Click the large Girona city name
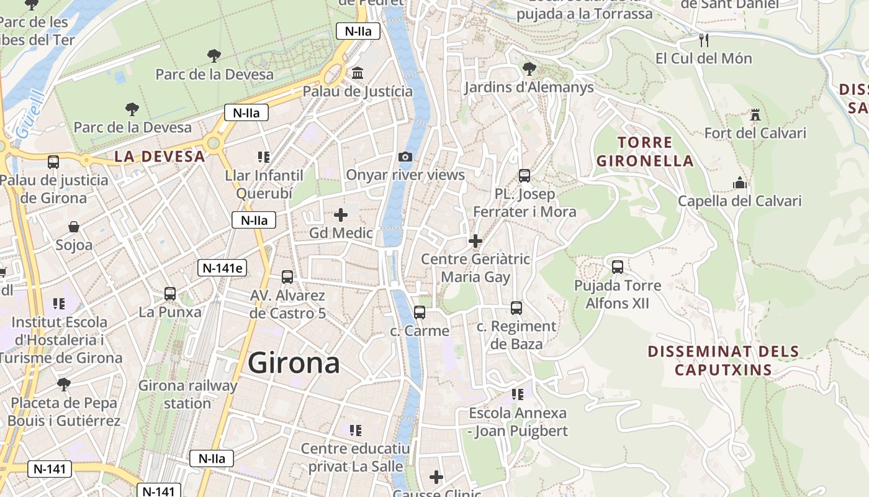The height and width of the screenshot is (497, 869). click(x=294, y=363)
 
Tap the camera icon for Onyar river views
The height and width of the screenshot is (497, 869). click(x=405, y=157)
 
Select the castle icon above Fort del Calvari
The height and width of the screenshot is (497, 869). click(x=755, y=115)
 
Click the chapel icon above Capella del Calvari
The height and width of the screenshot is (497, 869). click(x=739, y=183)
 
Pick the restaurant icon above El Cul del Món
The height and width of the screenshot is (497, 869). click(x=703, y=40)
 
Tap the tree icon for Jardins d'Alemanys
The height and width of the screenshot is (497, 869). click(x=529, y=68)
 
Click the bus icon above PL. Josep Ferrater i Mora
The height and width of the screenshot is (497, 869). click(x=525, y=176)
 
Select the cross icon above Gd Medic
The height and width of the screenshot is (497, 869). click(x=341, y=215)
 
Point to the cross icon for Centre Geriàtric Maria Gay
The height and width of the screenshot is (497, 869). click(x=475, y=241)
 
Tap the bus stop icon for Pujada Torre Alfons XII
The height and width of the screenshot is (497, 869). click(x=618, y=267)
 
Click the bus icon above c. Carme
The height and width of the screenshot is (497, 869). click(x=420, y=312)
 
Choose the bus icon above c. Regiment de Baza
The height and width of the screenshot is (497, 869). click(x=516, y=308)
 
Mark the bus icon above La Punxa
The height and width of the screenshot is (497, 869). click(x=170, y=294)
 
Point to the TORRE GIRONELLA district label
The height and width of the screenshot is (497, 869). click(x=644, y=152)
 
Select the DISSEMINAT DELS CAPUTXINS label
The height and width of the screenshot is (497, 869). click(x=723, y=361)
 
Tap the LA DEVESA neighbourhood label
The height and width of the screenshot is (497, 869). click(x=160, y=157)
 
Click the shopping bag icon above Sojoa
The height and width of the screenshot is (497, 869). click(x=74, y=227)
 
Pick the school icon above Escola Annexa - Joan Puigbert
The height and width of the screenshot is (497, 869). click(x=518, y=394)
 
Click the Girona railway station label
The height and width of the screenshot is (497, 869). click(x=187, y=394)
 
